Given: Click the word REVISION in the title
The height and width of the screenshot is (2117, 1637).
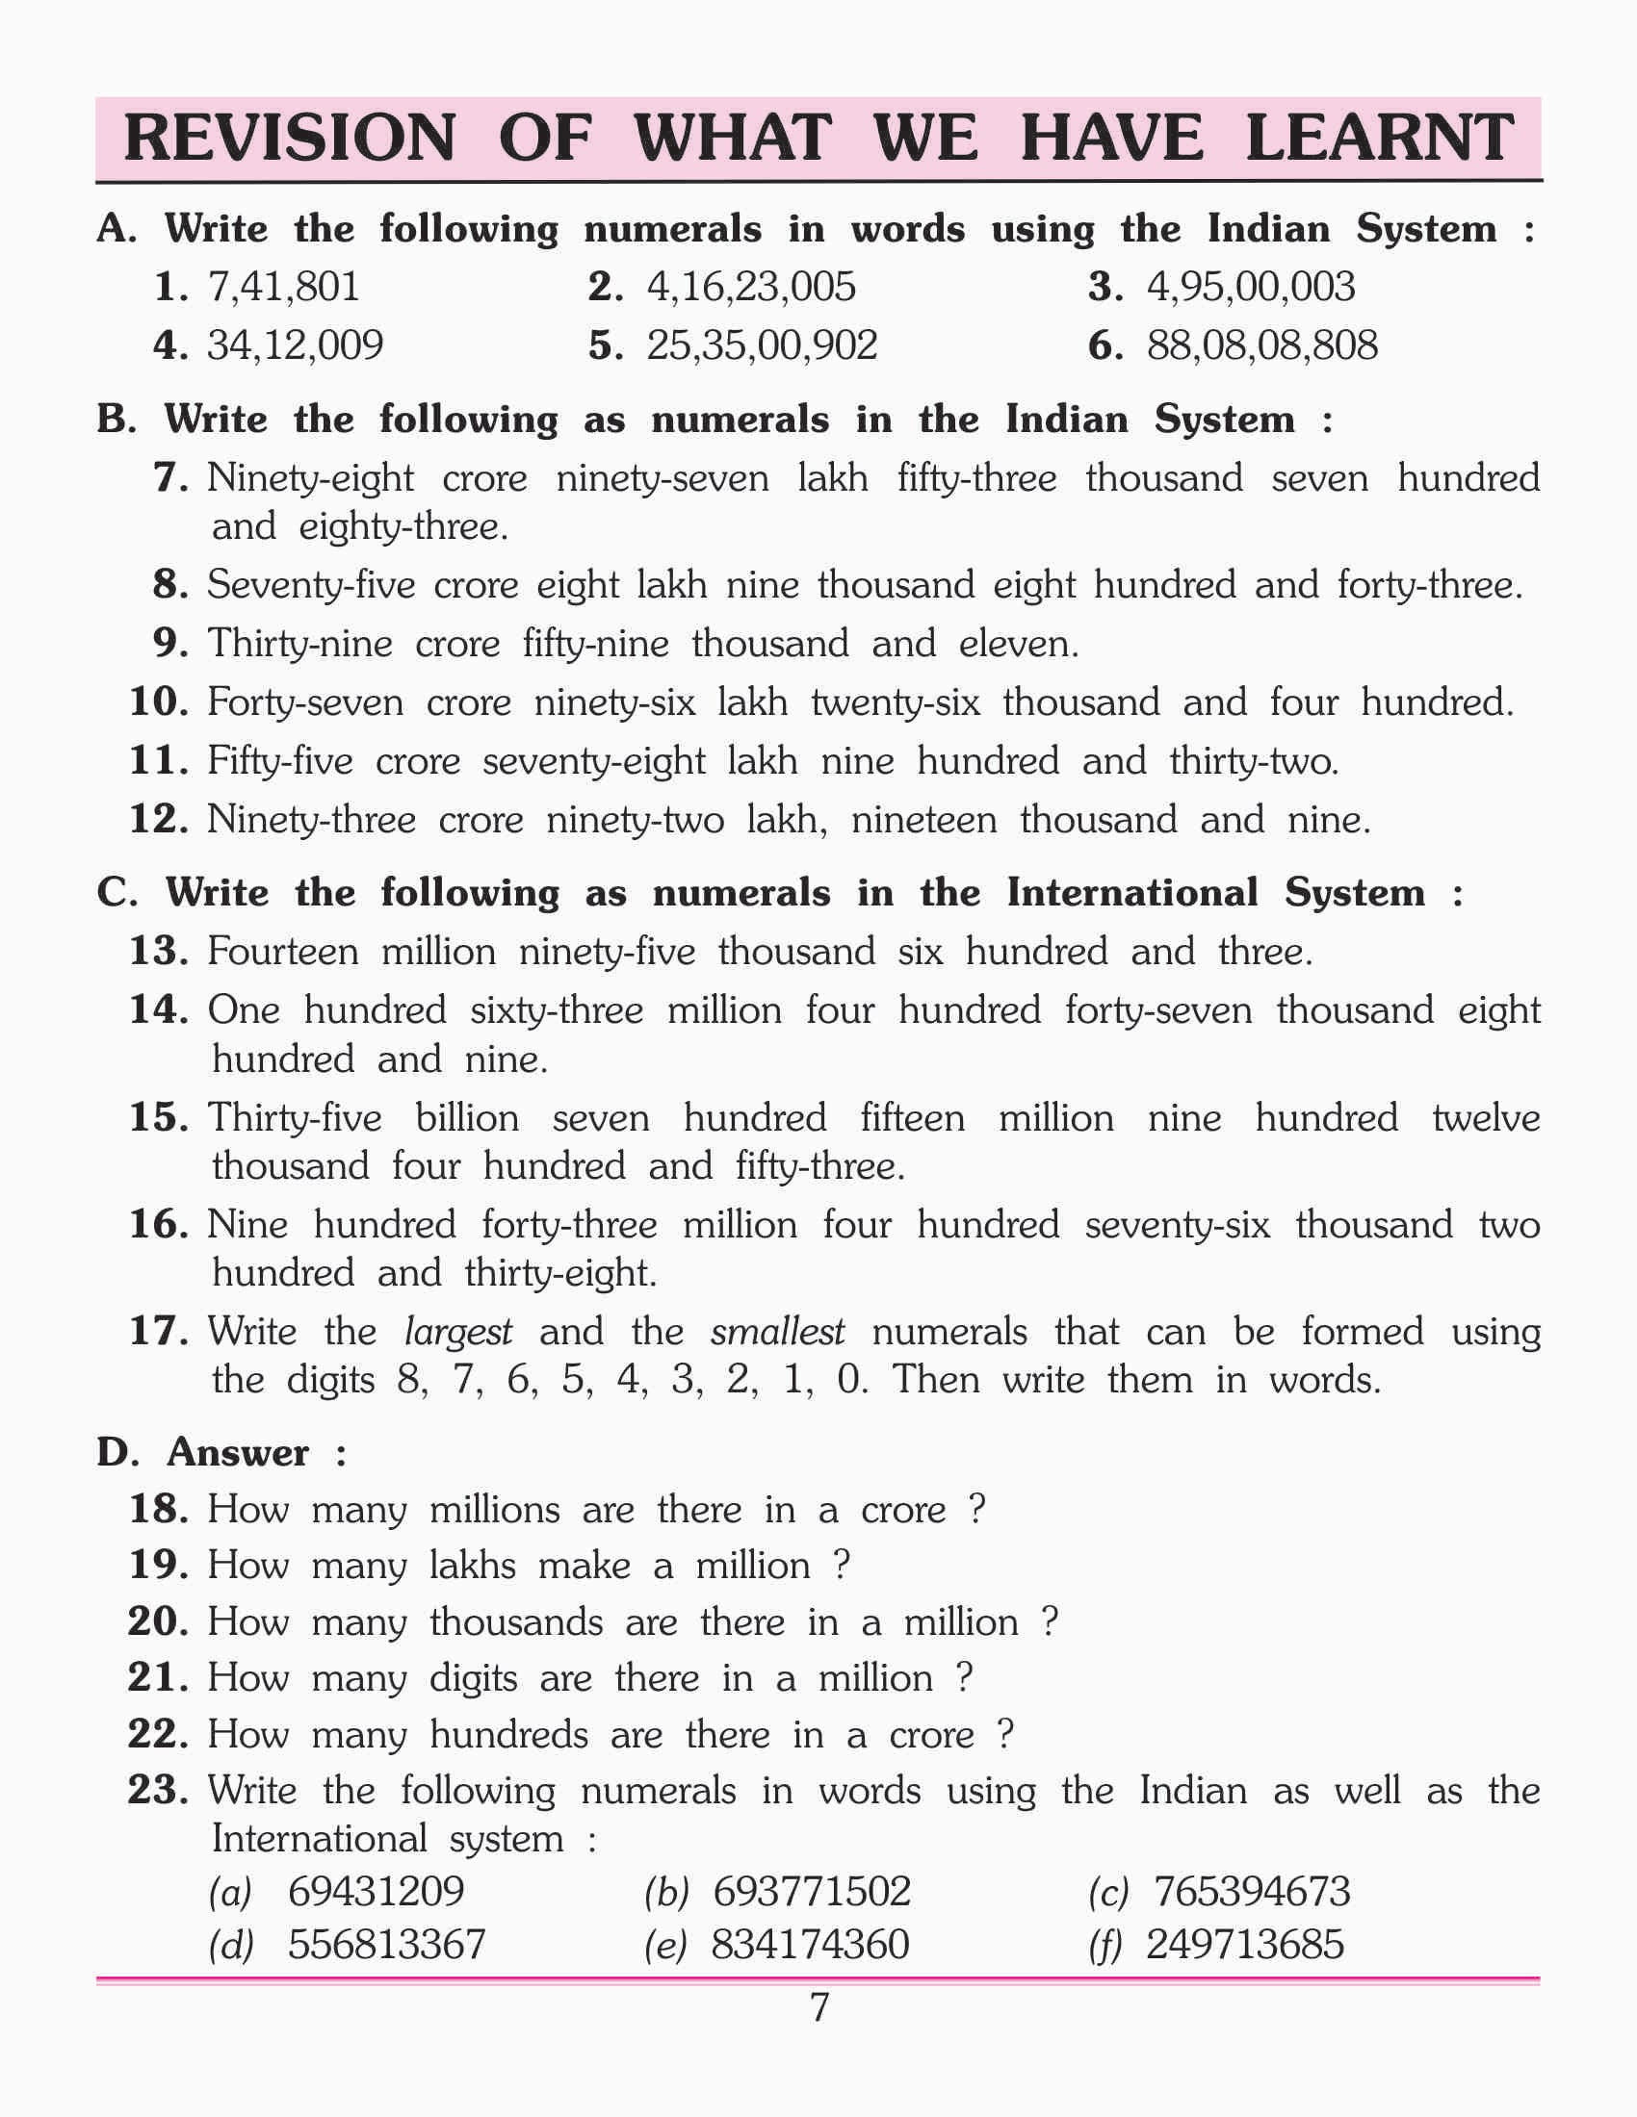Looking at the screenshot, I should coord(290,137).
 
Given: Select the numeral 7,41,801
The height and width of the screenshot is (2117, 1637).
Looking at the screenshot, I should coord(283,287).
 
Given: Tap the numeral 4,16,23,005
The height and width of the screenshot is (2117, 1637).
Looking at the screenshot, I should coord(751,287).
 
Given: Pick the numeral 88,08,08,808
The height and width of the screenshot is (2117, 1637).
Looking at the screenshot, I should coord(1261,346).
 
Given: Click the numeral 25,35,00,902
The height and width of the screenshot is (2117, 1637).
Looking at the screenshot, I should coord(762,346).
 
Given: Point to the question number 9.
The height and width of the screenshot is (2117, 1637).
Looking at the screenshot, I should coord(169,644).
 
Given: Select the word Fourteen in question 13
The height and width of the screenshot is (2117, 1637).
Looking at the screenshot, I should coord(282,951).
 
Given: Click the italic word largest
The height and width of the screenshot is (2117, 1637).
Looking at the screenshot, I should coord(457,1333).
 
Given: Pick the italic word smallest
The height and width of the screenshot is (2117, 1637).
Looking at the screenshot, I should coord(778,1333).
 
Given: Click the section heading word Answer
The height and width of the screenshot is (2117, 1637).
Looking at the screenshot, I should coord(239,1452).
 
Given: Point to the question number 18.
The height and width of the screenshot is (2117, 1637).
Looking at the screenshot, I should coord(157,1509).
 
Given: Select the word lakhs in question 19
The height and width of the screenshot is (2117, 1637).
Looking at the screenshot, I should coord(472,1566).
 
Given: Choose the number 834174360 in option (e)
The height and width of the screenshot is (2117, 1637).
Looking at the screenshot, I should coord(810,1945).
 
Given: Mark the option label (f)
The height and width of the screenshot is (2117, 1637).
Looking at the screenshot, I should coord(1105,1946).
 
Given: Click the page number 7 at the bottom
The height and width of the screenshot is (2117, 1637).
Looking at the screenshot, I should coord(818,2008).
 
